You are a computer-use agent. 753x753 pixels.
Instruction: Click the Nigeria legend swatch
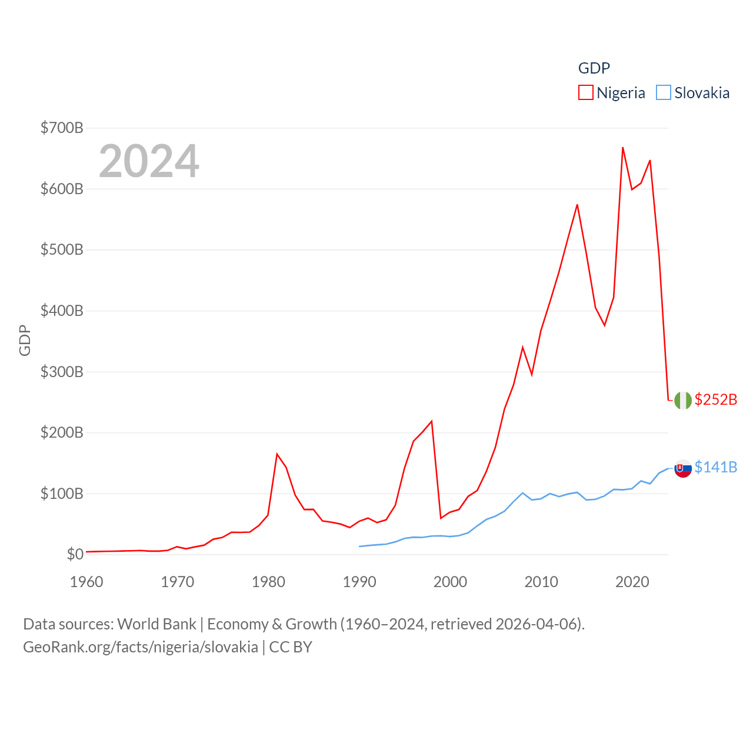point(585,93)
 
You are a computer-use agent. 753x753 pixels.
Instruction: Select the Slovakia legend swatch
point(663,93)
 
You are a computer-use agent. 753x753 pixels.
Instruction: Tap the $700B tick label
point(62,128)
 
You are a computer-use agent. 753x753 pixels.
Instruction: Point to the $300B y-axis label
point(62,372)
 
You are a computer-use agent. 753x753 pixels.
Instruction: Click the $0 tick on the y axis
point(75,554)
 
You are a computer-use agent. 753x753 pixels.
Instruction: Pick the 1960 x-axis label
point(86,582)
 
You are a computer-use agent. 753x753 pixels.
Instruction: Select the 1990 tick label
point(359,582)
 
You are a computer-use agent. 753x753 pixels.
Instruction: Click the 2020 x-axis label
point(632,582)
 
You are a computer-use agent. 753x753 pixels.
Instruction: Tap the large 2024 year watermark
point(149,161)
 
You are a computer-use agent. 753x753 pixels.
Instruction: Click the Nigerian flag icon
point(683,400)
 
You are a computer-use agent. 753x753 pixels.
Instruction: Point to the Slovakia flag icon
point(683,468)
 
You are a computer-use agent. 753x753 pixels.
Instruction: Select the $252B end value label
point(716,399)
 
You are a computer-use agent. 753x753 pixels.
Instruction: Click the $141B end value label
point(716,467)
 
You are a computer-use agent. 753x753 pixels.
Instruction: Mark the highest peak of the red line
point(622,148)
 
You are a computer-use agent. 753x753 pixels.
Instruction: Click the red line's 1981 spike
point(277,454)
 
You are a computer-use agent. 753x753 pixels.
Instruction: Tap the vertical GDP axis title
point(25,340)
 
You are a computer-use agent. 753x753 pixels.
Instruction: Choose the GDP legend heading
point(594,68)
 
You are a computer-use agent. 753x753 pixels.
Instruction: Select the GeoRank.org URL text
point(141,647)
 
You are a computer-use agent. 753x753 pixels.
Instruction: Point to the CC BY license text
point(291,647)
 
